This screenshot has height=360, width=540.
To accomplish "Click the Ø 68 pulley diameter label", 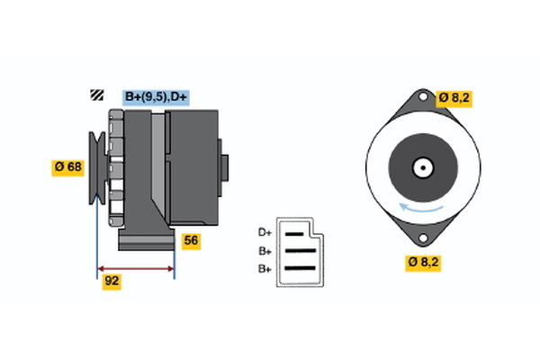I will [x=67, y=166].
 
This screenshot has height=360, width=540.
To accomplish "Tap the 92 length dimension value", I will [x=112, y=281].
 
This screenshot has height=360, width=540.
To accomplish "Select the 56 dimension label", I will [x=191, y=240].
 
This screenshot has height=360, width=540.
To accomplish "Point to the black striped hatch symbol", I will [x=96, y=95].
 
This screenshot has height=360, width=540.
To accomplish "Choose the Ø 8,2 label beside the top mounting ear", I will [x=455, y=98].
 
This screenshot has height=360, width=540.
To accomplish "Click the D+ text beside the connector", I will [x=265, y=232].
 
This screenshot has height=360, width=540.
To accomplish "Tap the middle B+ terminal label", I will [x=265, y=251].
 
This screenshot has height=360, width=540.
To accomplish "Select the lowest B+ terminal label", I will [x=265, y=269].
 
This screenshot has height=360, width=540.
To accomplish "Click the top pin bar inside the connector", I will [x=297, y=233].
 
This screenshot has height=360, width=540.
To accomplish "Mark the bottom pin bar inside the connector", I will [x=300, y=268].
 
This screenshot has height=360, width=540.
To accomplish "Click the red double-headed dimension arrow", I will [x=136, y=268].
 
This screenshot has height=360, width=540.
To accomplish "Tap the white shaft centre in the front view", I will [x=420, y=167].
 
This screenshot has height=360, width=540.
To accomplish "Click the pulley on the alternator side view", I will [x=96, y=166].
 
